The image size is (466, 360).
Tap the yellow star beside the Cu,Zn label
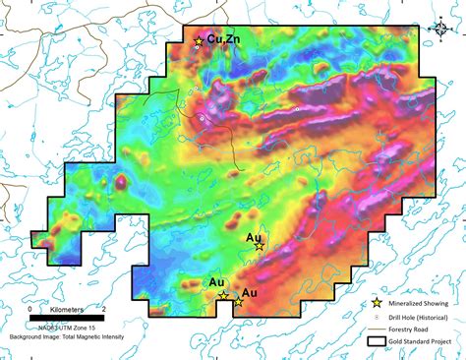click(x=199, y=41)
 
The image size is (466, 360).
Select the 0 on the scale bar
click(x=29, y=309)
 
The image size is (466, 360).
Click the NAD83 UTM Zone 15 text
click(x=63, y=327)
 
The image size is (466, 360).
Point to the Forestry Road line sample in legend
click(x=376, y=330)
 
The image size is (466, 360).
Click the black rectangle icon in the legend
click(x=376, y=342)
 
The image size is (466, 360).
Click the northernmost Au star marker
click(x=259, y=246)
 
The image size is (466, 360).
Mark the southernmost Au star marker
click(x=239, y=302)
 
